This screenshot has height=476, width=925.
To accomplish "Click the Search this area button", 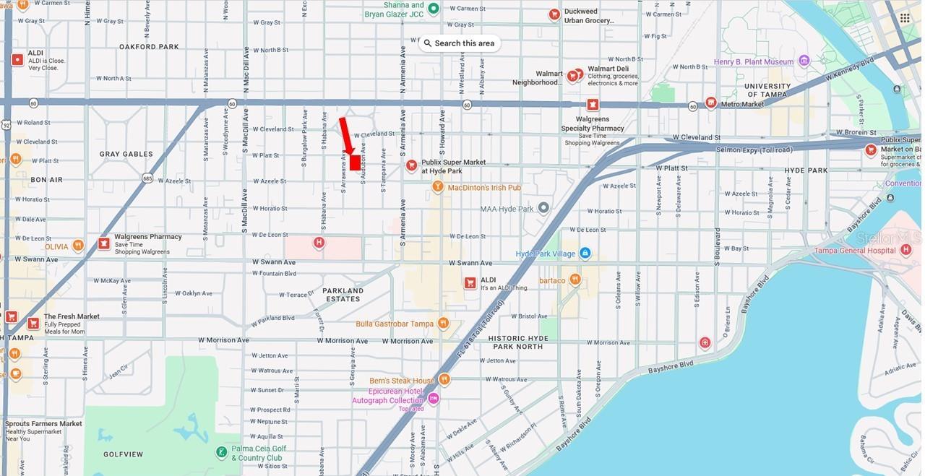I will coord(459,43).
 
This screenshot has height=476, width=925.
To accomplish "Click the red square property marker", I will coord(355,163).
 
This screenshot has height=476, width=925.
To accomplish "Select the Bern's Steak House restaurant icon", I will coord(444,379).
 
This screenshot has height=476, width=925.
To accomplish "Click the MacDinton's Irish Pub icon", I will coord(437,187).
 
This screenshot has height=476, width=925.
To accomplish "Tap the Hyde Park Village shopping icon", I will coord(585,254).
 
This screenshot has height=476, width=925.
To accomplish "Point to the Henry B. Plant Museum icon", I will coord(804,61).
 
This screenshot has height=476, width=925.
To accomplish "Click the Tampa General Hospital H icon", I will coord(906,250).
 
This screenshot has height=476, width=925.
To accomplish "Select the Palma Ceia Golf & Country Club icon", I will coord(222,452).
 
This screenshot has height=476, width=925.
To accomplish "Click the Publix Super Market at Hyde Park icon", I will coord(411,165).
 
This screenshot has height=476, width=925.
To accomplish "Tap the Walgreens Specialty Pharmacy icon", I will coord(593,105).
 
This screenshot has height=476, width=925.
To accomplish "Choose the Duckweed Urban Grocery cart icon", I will coord(554,14).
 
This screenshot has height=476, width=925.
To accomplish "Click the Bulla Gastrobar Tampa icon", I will coord(443,323).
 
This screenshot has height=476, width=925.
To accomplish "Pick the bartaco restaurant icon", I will coord(575,280).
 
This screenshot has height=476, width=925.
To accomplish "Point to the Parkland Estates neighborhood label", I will coord(343,295).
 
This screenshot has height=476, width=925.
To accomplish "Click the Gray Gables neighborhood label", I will coord(126,154).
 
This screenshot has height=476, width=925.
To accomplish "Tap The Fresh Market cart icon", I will coord(33,323).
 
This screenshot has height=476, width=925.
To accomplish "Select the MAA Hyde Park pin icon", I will coord(543,208).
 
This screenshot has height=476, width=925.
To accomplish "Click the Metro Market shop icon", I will coord(710,103).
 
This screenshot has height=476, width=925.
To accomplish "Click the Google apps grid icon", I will coord(905,18).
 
